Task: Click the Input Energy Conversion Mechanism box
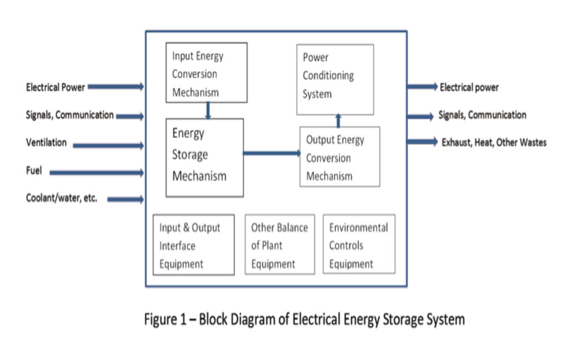click(206, 72)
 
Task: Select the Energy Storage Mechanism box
click(204, 157)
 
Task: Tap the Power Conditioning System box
click(334, 79)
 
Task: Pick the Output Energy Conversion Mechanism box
click(339, 157)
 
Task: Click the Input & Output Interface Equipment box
click(193, 245)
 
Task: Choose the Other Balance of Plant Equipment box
click(280, 245)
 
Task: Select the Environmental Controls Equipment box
click(359, 245)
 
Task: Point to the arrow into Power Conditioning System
click(338, 120)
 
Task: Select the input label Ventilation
click(46, 143)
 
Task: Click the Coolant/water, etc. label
click(61, 198)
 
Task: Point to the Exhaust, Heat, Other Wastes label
click(494, 143)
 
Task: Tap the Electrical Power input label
click(55, 87)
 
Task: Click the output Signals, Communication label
click(482, 115)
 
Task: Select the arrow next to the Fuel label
click(97, 173)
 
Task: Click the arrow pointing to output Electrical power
click(422, 87)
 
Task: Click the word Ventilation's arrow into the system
click(109, 145)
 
